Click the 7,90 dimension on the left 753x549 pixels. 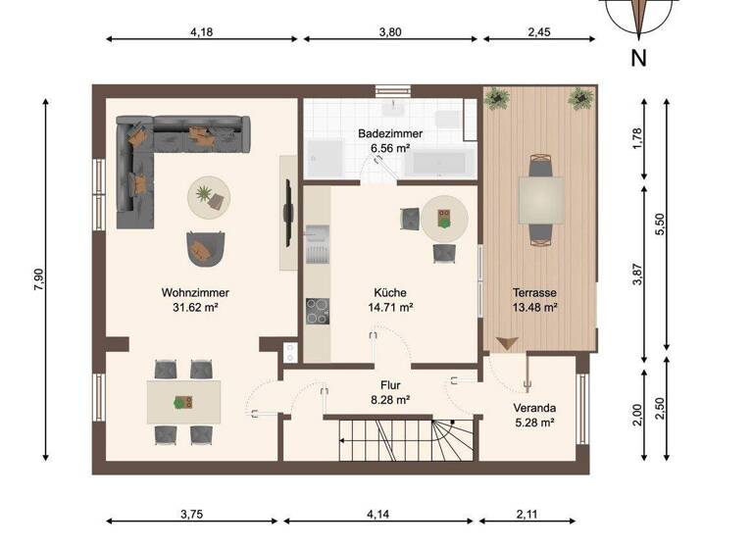point(38,278)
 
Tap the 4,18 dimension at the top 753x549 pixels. point(201,31)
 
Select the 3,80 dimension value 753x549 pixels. point(389,31)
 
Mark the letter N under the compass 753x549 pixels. point(638,58)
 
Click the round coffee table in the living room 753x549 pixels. point(210,197)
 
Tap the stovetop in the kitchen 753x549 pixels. point(318,311)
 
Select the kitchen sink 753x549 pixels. point(316,248)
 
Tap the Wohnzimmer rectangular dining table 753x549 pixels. point(183,401)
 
